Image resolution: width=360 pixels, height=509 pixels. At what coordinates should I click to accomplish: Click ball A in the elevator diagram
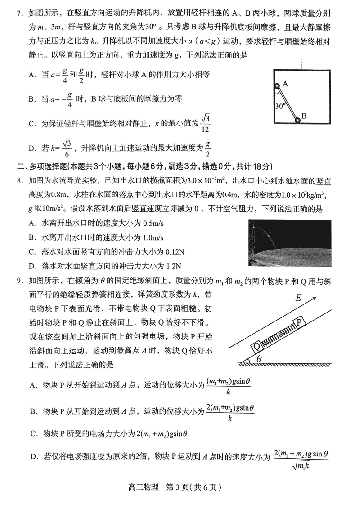tap(278, 85)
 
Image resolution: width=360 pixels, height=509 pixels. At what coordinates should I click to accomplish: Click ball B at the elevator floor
tap(297, 120)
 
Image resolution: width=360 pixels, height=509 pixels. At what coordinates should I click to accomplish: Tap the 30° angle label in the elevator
tap(280, 107)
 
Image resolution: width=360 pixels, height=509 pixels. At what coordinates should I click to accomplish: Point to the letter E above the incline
tap(298, 298)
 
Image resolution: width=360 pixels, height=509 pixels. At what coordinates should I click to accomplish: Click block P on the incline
tap(300, 322)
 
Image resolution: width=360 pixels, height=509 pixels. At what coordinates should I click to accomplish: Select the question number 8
tap(19, 181)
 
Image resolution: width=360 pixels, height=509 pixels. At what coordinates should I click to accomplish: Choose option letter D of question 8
tap(32, 265)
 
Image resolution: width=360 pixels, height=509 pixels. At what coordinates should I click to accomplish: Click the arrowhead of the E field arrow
tap(316, 298)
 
